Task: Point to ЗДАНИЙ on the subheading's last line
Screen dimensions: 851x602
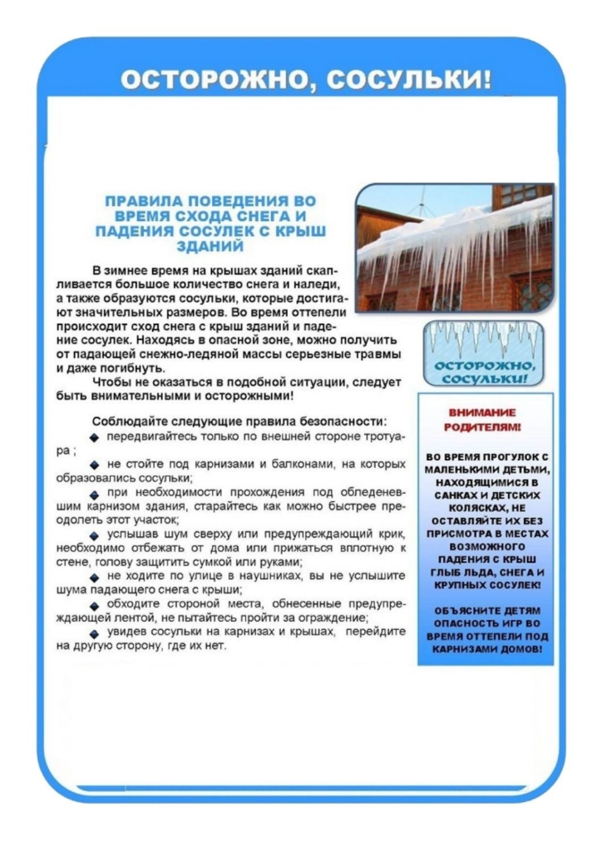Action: (210, 246)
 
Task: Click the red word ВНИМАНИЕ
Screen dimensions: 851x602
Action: (482, 412)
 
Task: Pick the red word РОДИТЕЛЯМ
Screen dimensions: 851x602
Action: (484, 427)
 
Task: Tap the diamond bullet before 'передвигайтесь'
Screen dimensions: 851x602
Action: (95, 437)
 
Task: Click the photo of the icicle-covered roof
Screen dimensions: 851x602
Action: (454, 247)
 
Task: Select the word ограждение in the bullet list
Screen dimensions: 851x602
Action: (333, 617)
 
